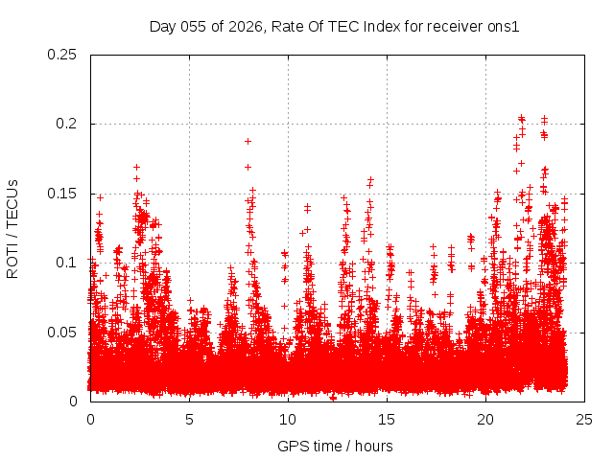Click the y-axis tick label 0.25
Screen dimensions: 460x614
63,55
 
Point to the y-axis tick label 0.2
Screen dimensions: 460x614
67,124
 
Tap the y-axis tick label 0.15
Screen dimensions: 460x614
63,194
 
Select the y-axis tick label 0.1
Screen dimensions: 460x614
67,263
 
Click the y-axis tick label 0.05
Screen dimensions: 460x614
63,332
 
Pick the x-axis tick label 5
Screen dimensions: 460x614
189,420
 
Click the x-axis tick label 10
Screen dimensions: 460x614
288,420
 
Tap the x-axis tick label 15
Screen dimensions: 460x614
387,420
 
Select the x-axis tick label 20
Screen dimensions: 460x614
485,420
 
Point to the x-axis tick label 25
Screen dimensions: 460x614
584,420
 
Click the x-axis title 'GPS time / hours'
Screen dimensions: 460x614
335,446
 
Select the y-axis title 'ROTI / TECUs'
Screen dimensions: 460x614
13,228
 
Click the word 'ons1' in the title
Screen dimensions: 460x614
503,27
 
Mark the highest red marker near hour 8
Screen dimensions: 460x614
248,141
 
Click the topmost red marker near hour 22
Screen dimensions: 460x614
521,118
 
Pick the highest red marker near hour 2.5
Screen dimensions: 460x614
136,167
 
